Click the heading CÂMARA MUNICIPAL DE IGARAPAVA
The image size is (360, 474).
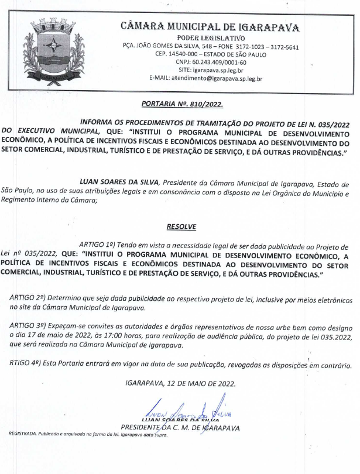(210, 27)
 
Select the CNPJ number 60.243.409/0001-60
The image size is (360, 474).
(219, 62)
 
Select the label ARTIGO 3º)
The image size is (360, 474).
(29, 324)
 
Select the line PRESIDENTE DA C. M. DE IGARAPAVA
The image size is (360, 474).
(180, 428)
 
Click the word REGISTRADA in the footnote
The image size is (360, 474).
(22, 434)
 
